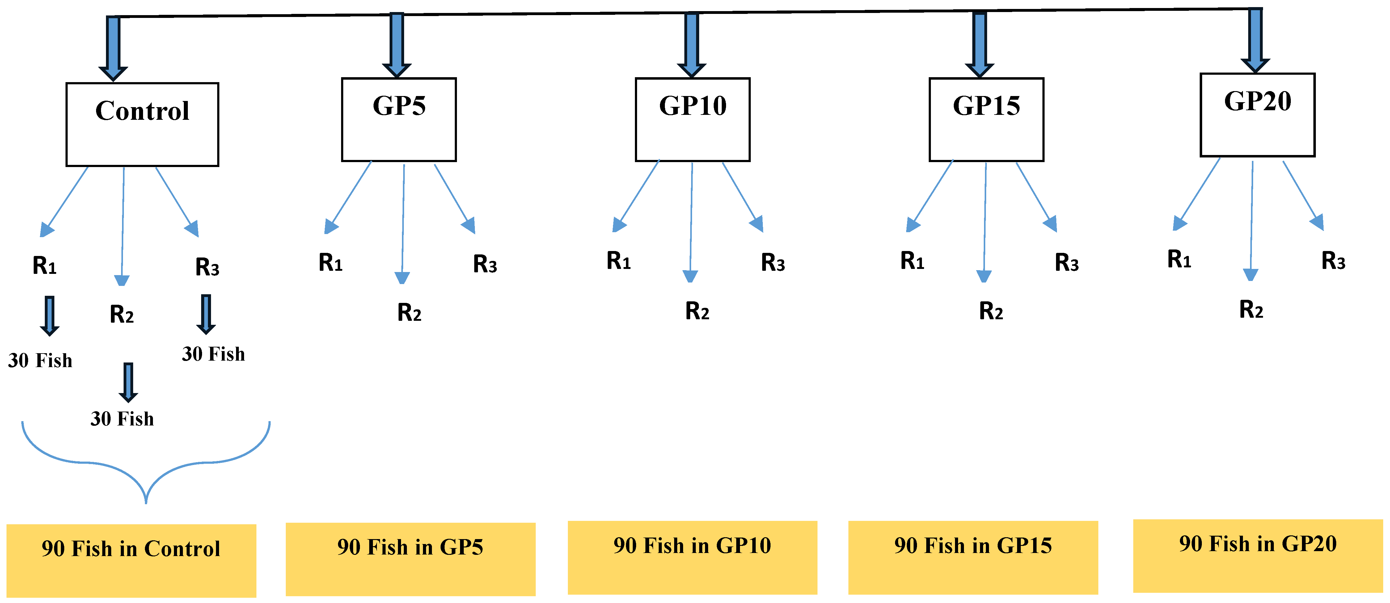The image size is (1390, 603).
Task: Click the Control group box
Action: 142,124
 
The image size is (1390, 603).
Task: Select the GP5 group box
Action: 399,119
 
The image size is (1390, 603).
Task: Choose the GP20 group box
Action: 1257,115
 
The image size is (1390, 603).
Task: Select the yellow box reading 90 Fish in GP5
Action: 410,559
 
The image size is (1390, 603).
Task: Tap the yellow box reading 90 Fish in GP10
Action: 692,557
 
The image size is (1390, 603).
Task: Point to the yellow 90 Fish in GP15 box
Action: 973,557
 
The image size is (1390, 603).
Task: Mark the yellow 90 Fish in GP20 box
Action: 1257,555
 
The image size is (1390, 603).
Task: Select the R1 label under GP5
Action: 330,263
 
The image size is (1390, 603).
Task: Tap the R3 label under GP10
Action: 773,263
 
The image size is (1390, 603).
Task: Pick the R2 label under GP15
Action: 991,311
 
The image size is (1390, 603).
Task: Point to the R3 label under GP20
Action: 1333,261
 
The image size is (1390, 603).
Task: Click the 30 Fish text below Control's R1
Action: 40,360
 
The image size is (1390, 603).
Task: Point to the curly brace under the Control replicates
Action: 146,469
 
